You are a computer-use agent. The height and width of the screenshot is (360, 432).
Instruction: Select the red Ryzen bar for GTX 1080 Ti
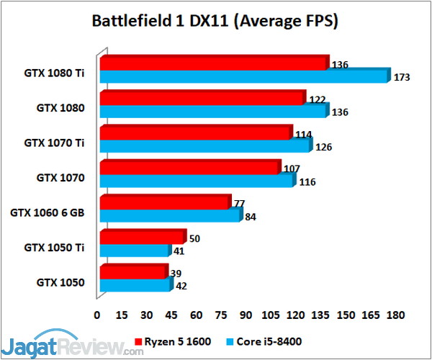213,64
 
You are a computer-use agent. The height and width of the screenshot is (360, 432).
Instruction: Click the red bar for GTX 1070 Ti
195,133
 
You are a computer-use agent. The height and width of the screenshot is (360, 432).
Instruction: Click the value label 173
402,76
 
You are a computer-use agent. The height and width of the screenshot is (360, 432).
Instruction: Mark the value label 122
318,99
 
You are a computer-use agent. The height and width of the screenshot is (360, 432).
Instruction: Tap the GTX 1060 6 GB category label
48,212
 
